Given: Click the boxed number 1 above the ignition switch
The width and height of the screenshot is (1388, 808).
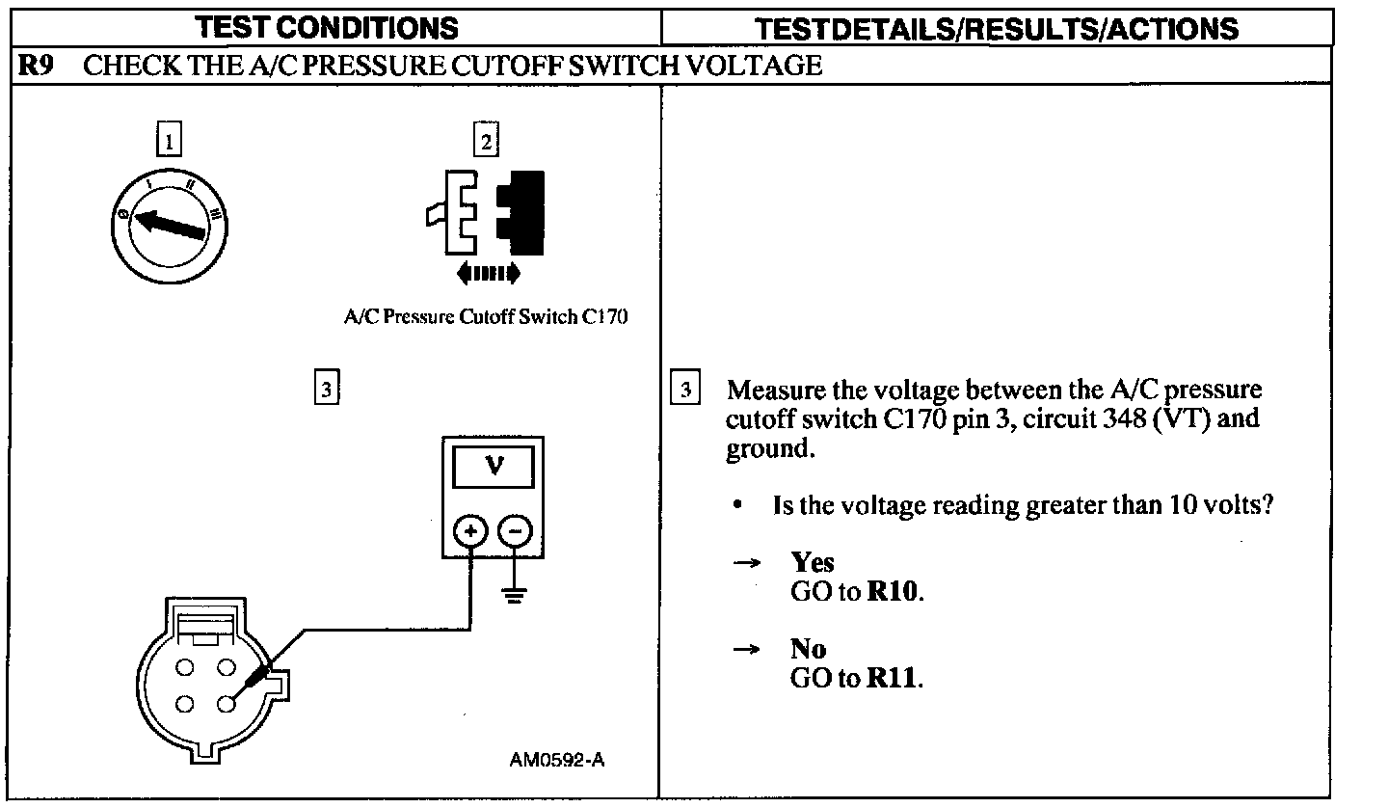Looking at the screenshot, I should tap(169, 142).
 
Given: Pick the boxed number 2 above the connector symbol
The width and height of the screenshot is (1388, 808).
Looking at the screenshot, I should tap(486, 142).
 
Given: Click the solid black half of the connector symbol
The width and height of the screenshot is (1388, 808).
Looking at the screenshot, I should tap(521, 205).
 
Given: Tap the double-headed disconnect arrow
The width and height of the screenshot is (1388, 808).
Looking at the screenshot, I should tap(489, 274).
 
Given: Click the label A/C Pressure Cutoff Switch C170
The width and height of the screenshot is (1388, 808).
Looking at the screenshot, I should tap(486, 316).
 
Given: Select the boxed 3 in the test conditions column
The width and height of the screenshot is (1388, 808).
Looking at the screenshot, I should tap(326, 388).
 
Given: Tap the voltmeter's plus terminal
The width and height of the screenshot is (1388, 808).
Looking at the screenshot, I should tap(470, 529).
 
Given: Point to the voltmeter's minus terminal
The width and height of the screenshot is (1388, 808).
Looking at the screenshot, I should tap(517, 529).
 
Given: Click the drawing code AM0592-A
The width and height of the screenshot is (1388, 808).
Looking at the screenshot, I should tap(557, 759).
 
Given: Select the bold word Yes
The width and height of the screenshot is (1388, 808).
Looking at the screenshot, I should tap(812, 562).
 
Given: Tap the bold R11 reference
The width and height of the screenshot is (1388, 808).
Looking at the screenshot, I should tap(894, 678).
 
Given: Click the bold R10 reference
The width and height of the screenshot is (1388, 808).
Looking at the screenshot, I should tap(894, 591).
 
